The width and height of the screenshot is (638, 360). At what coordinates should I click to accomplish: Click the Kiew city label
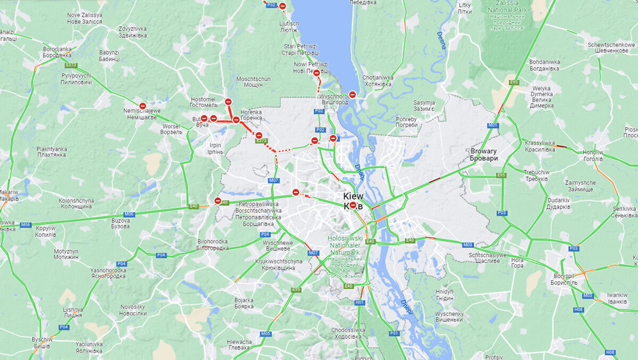[353, 196]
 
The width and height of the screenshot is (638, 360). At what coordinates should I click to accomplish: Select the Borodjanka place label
[57, 52]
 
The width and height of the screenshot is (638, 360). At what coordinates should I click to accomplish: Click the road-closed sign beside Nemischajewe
[142, 106]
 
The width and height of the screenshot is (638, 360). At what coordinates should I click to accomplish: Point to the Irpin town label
[215, 148]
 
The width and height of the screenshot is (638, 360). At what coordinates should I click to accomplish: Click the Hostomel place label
[203, 102]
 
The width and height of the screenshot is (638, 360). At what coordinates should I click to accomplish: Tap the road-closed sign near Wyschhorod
[352, 95]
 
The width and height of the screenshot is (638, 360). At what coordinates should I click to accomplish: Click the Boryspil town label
[566, 279]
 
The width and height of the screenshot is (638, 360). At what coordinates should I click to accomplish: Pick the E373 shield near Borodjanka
[71, 65]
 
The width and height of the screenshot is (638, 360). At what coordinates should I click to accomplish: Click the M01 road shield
[493, 125]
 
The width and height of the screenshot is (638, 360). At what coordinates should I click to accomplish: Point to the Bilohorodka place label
[212, 245]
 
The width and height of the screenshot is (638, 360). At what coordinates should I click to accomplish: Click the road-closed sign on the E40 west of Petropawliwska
[217, 200]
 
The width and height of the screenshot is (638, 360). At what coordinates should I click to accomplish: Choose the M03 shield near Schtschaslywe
[467, 245]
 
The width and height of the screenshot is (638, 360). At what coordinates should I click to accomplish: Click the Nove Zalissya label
[85, 18]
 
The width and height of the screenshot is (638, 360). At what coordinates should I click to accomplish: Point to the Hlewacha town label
[239, 345]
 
